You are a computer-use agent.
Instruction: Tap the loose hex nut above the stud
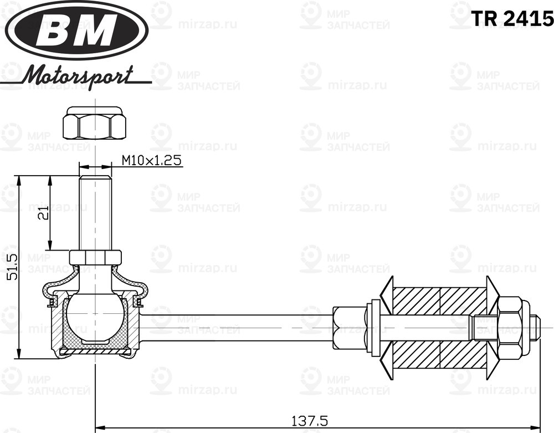point(95,124)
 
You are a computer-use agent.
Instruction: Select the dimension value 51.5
point(12,266)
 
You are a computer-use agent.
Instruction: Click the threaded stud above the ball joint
point(95,211)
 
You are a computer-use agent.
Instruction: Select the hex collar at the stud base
point(95,257)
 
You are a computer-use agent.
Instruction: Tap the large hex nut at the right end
point(510,328)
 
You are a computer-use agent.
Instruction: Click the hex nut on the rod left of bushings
point(341,328)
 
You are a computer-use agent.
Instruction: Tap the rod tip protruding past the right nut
point(535,328)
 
